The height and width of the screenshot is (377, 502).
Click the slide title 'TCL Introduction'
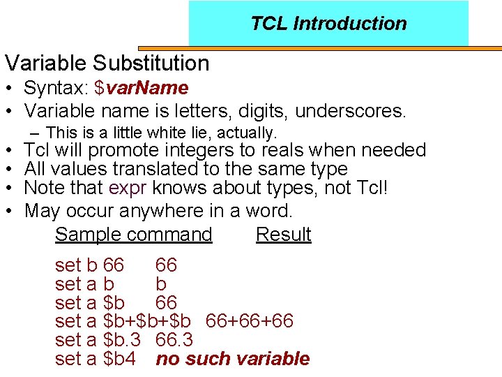click(328, 23)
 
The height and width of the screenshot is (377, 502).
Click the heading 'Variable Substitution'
click(107, 63)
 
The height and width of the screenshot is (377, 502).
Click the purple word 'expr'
click(130, 188)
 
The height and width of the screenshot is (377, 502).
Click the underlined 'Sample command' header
click(133, 235)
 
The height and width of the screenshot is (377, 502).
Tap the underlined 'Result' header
click(283, 235)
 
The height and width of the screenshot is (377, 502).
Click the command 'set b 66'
click(89, 265)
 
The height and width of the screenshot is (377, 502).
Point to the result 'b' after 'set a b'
click(161, 284)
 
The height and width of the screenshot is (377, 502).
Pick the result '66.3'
click(174, 340)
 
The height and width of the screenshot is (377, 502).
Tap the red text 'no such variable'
click(233, 359)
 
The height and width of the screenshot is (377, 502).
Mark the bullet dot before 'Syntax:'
click(10, 89)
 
